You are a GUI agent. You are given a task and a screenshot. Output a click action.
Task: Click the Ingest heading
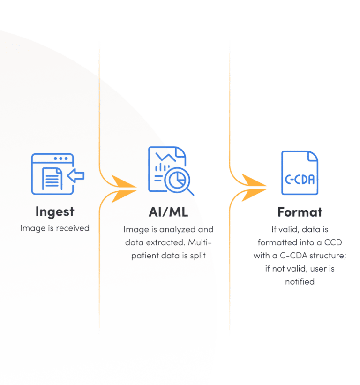(54, 211)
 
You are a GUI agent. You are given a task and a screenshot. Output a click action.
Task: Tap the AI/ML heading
(168, 211)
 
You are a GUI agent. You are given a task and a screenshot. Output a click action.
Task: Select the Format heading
(300, 212)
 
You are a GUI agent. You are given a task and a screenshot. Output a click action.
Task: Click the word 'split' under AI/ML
(199, 256)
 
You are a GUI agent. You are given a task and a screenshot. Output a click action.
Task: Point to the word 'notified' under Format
(300, 282)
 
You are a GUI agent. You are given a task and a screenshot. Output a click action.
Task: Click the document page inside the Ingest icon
(52, 178)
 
